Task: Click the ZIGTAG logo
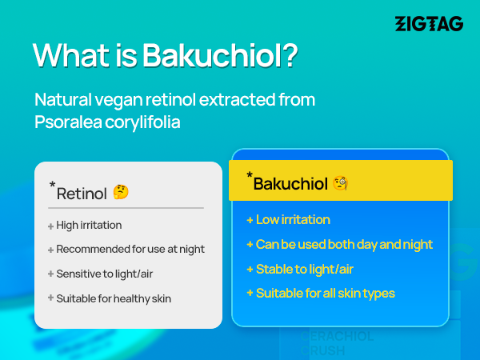pyautogui.click(x=429, y=24)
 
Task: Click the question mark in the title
pyautogui.click(x=290, y=54)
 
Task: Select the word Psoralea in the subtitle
pyautogui.click(x=68, y=122)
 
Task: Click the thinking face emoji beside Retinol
pyautogui.click(x=121, y=192)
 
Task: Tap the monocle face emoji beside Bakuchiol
pyautogui.click(x=341, y=183)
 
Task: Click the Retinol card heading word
pyautogui.click(x=82, y=194)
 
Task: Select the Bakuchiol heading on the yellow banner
pyautogui.click(x=290, y=184)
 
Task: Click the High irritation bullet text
pyautogui.click(x=89, y=226)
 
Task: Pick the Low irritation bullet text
pyautogui.click(x=293, y=219)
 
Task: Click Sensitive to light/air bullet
pyautogui.click(x=104, y=274)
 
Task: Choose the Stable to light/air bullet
pyautogui.click(x=305, y=270)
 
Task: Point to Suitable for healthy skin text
pyautogui.click(x=114, y=298)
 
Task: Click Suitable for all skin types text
pyautogui.click(x=326, y=294)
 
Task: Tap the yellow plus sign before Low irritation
pyautogui.click(x=250, y=220)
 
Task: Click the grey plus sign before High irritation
pyautogui.click(x=51, y=226)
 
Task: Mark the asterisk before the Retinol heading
pyautogui.click(x=52, y=184)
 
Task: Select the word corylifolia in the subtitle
pyautogui.click(x=142, y=122)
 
